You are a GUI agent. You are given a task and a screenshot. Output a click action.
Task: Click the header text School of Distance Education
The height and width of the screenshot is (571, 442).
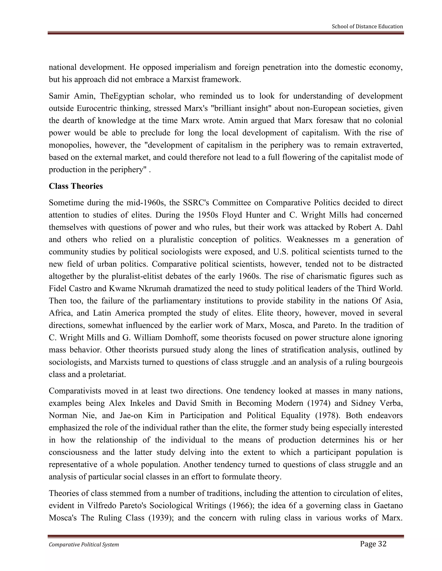tap(367, 27)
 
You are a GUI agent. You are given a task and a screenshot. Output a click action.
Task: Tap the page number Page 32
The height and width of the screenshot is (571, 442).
tap(373, 544)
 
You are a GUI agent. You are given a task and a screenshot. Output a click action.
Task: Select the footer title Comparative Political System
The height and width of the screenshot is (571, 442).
tap(84, 544)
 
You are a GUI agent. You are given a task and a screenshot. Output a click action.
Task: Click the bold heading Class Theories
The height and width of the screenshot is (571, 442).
tap(76, 186)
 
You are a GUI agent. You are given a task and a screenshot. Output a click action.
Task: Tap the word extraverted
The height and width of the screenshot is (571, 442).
tap(382, 145)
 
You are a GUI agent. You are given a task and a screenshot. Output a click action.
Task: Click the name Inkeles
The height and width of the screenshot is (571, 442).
tap(142, 403)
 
